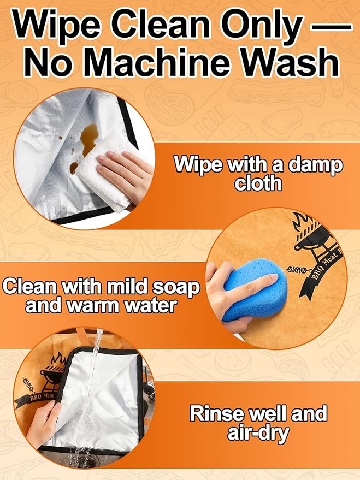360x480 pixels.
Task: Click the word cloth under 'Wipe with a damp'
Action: pos(258,183)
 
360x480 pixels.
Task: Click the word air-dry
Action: pos(258,434)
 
